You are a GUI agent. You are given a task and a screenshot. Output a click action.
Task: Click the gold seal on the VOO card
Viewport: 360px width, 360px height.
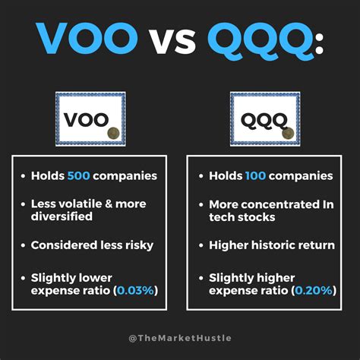tap(113, 132)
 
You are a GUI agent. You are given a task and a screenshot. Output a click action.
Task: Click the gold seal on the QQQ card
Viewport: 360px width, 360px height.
tap(288, 132)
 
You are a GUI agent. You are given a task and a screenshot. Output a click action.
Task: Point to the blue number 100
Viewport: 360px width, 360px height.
tap(256, 175)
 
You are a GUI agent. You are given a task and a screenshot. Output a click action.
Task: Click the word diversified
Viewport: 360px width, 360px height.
tap(62, 217)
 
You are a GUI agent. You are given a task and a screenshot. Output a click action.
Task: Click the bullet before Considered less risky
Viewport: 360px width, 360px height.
tap(23, 246)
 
